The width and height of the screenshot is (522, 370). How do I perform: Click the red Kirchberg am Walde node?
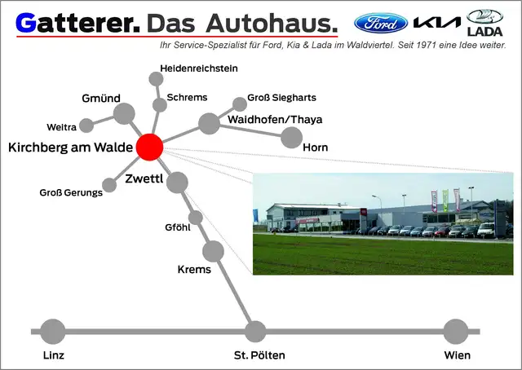tap(149, 147)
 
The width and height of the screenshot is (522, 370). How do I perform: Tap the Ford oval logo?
tap(381, 24)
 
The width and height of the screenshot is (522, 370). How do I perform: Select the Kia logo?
tap(437, 23)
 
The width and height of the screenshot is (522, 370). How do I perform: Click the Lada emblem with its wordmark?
tap(484, 23)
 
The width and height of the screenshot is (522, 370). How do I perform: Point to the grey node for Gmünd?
tap(124, 114)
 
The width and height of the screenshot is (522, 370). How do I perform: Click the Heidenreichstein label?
tap(199, 68)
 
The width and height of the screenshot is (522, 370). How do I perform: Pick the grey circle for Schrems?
tap(160, 105)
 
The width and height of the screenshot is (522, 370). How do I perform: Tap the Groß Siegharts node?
tap(239, 104)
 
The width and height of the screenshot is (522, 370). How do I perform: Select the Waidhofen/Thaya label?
tap(275, 120)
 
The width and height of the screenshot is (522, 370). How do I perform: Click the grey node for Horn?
tap(292, 138)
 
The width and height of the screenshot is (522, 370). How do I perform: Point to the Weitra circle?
tap(86, 126)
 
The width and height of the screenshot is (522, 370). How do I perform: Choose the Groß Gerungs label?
tap(71, 192)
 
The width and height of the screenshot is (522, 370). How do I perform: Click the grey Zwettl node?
tap(177, 183)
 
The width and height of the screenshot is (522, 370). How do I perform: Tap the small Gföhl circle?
tap(196, 218)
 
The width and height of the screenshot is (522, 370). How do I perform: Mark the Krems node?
tap(213, 251)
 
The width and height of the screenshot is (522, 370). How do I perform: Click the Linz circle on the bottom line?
tap(52, 332)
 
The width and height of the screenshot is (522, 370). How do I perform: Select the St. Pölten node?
tap(255, 332)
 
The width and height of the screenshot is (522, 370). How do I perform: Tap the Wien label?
tap(458, 355)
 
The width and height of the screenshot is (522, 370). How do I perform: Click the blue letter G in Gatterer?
tap(25, 24)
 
